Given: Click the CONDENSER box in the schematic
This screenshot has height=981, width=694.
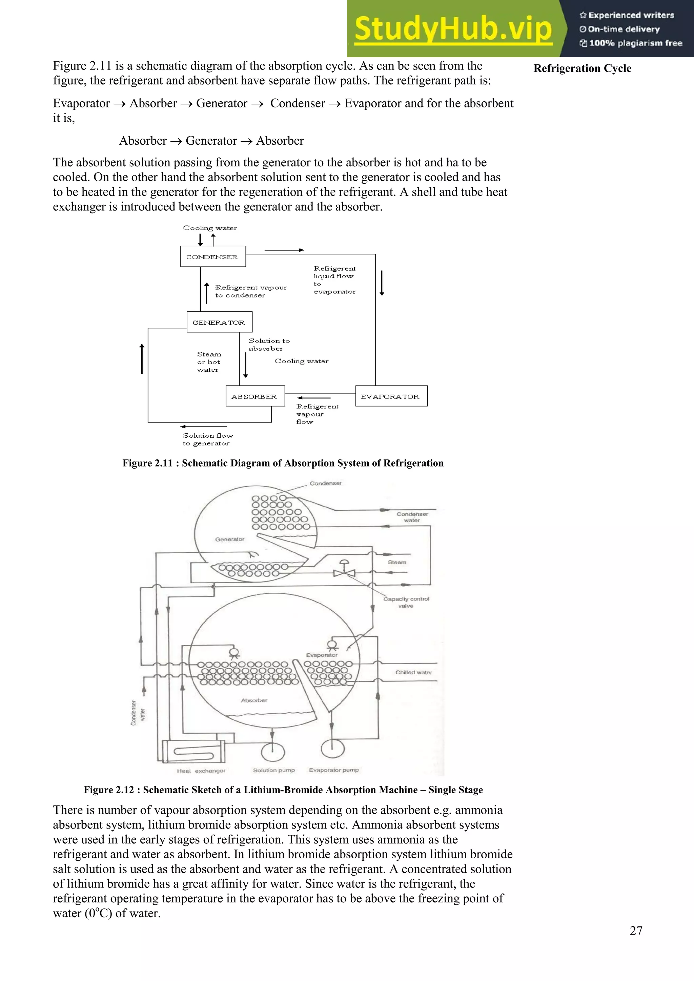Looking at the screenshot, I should click(x=213, y=257).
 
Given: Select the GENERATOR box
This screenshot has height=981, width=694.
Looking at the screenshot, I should click(x=219, y=322).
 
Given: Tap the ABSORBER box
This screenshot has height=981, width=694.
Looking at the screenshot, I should click(x=255, y=396).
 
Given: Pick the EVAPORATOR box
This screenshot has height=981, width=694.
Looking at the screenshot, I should click(x=391, y=396).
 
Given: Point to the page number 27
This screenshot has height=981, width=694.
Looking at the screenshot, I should click(x=636, y=930).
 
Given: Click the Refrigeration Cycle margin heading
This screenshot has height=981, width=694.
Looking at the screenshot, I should click(x=582, y=68).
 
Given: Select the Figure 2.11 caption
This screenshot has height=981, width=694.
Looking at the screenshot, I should click(x=283, y=463).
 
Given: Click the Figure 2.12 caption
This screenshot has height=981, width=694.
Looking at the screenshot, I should click(x=283, y=790).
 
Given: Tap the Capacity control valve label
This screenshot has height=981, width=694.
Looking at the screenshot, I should click(x=406, y=602).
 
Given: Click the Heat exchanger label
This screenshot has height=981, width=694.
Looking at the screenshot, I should click(x=201, y=770).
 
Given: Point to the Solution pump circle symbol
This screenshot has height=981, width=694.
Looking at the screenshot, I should click(x=273, y=752).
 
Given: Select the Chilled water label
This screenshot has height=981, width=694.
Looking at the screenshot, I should click(x=413, y=672).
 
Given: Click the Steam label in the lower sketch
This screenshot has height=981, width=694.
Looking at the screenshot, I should click(x=396, y=562).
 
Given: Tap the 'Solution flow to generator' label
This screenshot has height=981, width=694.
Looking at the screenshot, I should click(x=208, y=439).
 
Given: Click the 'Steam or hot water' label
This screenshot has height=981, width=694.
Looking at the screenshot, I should click(x=209, y=362).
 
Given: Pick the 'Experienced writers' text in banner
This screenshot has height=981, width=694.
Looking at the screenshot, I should click(x=627, y=15).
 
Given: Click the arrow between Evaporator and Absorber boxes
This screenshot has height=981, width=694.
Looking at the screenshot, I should click(x=314, y=397).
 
